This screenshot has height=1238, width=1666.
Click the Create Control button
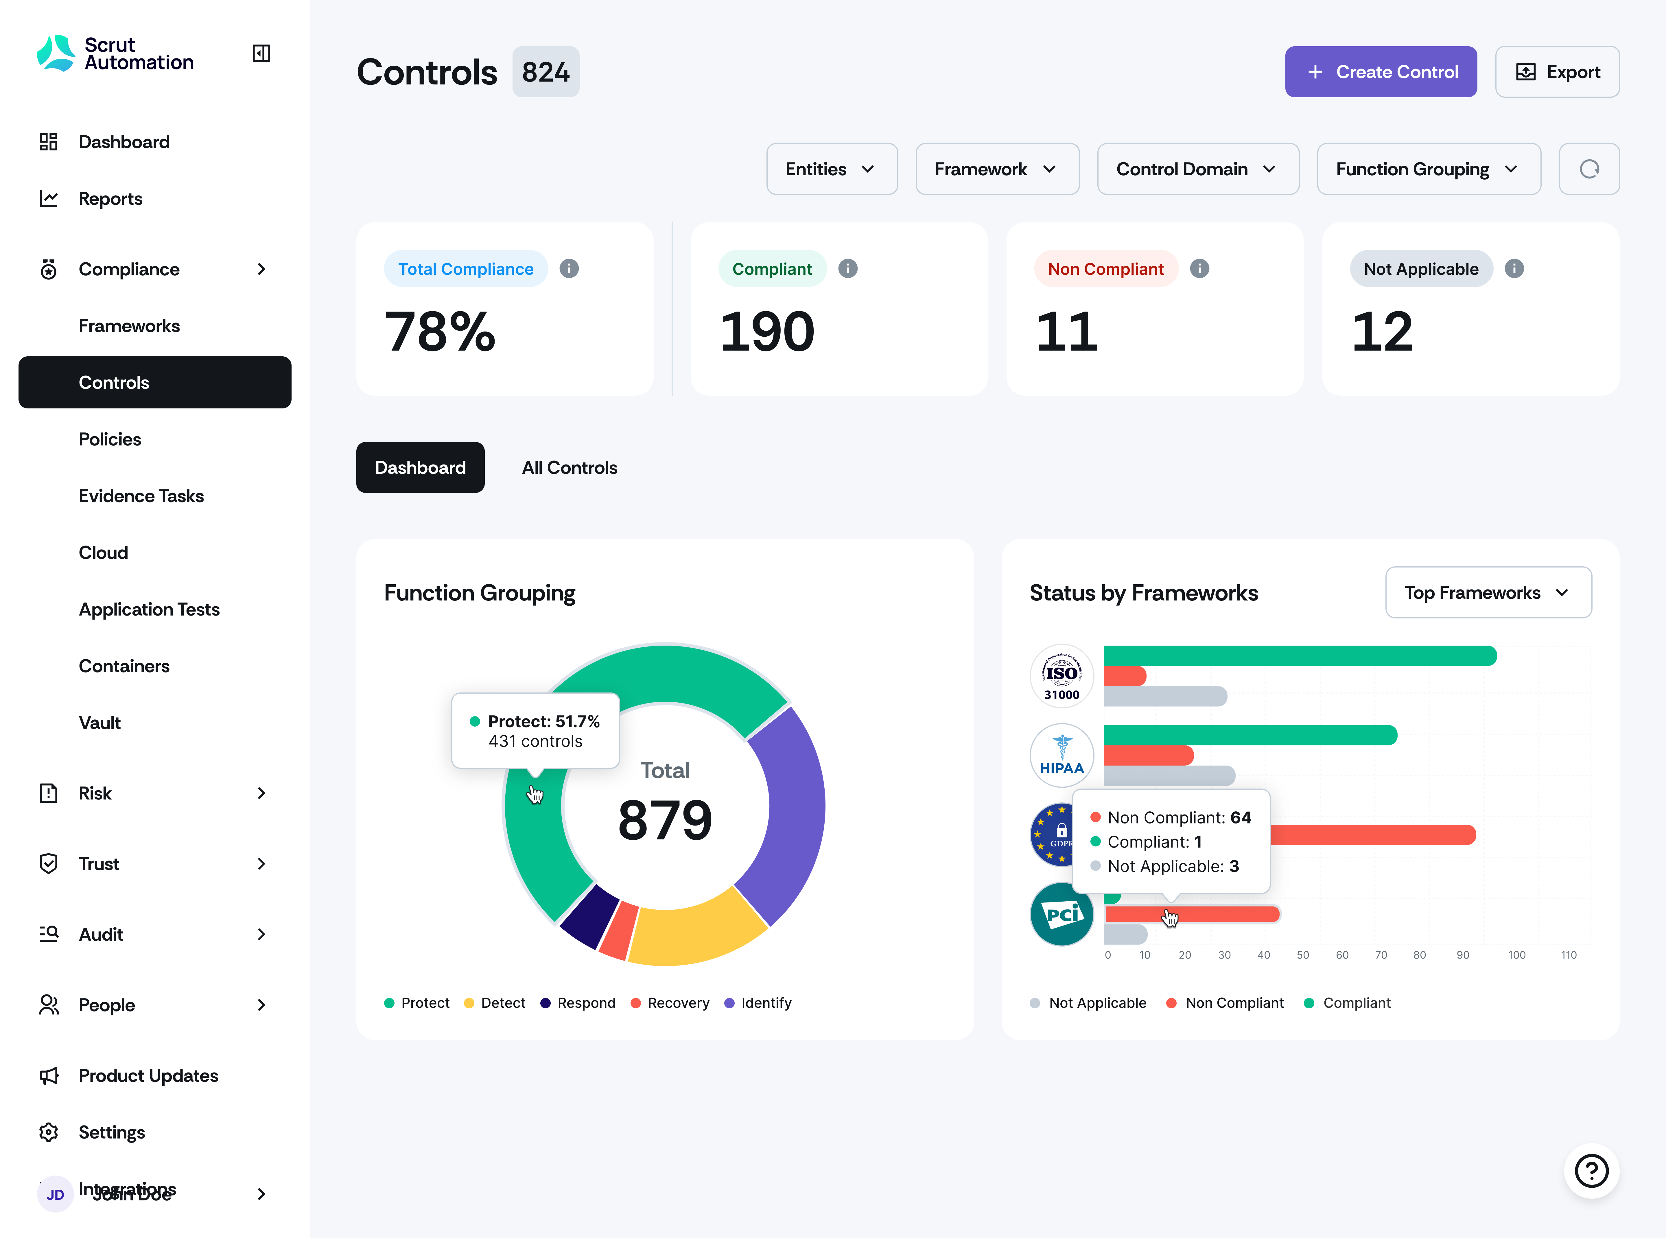(1381, 72)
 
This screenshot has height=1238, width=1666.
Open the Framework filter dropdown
(997, 170)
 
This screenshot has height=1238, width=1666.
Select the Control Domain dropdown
(1197, 170)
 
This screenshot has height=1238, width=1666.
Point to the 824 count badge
(545, 72)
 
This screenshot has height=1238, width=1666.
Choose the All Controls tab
(570, 468)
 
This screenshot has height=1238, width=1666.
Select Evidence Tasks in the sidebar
(141, 496)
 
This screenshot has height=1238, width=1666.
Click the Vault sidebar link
(100, 723)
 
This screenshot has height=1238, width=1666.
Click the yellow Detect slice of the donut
(697, 929)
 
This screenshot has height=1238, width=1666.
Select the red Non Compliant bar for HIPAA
(1148, 756)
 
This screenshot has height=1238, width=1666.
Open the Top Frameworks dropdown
(1488, 593)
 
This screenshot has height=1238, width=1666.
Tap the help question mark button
(1591, 1171)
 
